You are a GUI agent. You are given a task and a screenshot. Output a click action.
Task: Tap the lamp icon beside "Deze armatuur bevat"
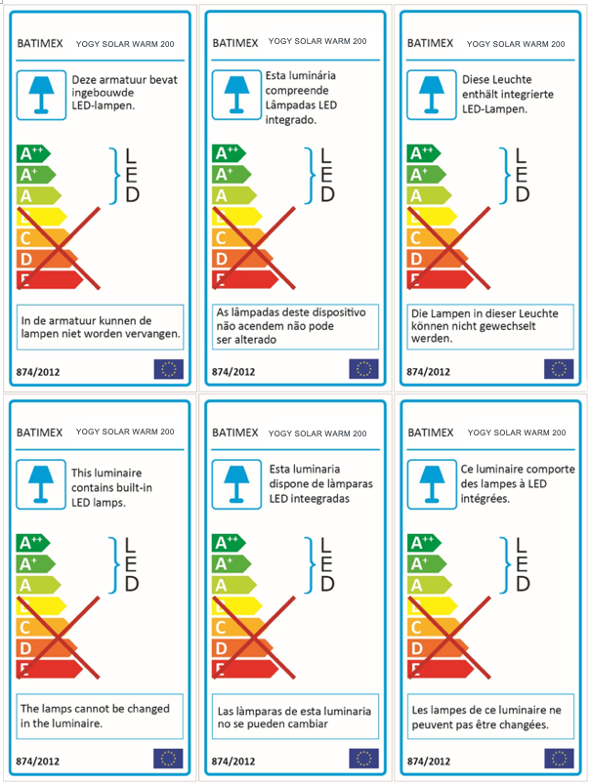coord(41,91)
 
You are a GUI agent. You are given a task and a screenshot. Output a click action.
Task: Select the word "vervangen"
coord(155,333)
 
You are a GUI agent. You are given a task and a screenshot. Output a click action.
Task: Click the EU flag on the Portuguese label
coord(363,369)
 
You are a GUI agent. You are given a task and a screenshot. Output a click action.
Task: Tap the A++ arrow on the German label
coord(423,153)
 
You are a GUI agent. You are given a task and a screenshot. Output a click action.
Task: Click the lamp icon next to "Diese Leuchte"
coord(430,91)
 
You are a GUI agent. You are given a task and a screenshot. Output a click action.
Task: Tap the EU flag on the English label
coord(168,759)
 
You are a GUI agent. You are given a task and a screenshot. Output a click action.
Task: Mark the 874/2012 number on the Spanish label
coord(234,761)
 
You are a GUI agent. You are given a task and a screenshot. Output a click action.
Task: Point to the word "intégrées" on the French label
coord(485,498)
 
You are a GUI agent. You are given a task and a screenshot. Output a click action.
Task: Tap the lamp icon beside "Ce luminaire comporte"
coord(430,482)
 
